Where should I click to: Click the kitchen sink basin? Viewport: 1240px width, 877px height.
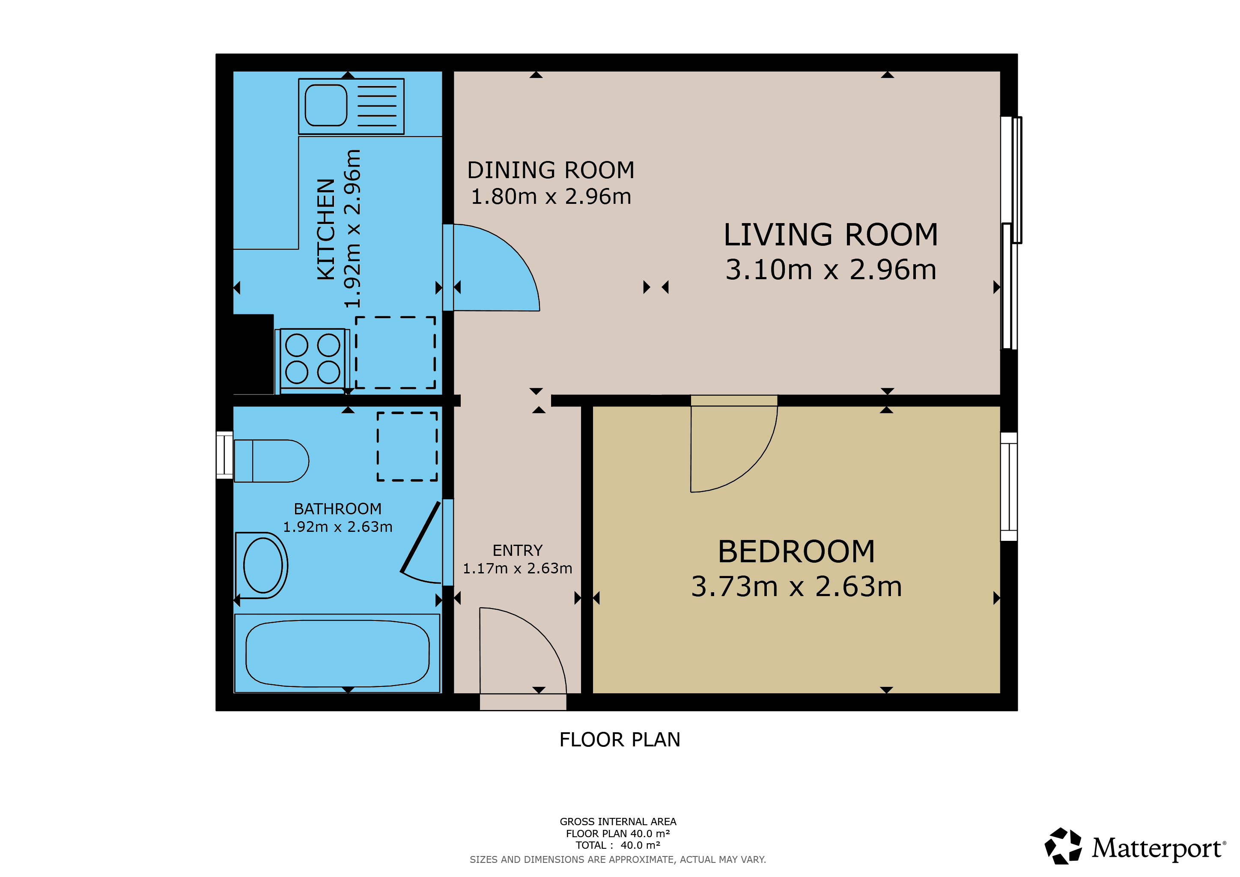point(326,105)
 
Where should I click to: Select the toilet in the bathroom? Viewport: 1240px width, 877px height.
point(271,461)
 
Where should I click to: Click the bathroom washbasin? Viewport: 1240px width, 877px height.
point(262,565)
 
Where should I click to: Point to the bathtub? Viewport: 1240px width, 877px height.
point(337,653)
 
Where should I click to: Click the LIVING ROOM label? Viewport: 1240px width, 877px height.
point(831,235)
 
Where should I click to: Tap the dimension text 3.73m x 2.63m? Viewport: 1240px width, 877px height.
point(796,587)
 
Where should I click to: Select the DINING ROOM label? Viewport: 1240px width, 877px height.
point(551,170)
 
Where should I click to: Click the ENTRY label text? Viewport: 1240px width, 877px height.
point(517,550)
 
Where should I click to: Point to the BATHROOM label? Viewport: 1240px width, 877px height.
point(337,509)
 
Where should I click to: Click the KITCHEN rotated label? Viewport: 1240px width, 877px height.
point(326,230)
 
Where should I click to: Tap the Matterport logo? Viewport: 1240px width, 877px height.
point(1135,847)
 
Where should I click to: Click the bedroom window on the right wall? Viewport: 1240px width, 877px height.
point(1009,486)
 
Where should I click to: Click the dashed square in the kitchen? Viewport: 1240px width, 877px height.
point(395,352)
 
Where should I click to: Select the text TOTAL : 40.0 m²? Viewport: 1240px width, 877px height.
point(618,845)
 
